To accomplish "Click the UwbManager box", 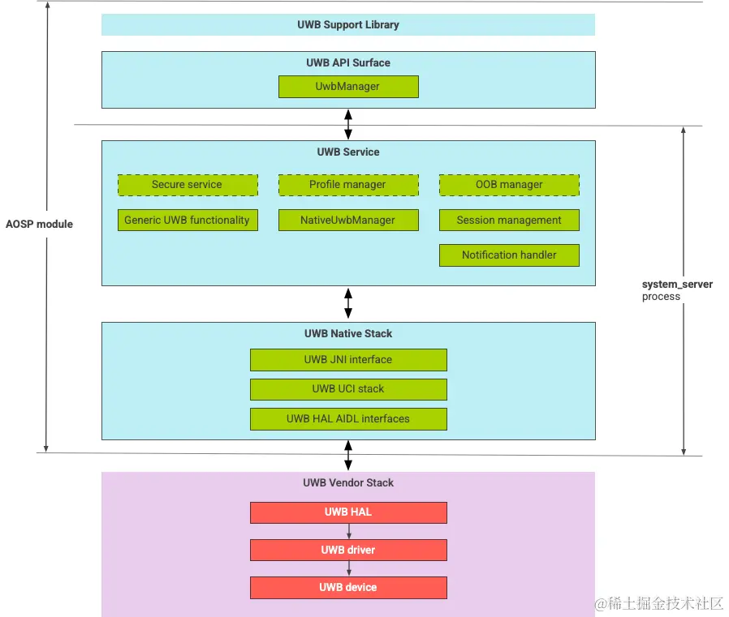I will [x=348, y=87].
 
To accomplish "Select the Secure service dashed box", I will [x=188, y=185].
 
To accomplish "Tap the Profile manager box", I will [x=348, y=185].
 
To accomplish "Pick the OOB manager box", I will [x=509, y=185].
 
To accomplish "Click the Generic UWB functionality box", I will [x=188, y=220].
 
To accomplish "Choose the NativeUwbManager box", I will [x=348, y=220].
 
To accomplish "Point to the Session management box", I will [x=509, y=220].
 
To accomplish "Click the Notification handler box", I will [x=509, y=255].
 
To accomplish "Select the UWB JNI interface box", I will [x=348, y=360].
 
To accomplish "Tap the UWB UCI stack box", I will [x=348, y=389].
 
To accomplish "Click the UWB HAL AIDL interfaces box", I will [x=348, y=419].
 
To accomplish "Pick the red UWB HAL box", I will [x=348, y=512].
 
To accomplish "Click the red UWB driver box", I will [x=348, y=550].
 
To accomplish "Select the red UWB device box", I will [x=348, y=588].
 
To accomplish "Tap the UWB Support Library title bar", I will [x=348, y=25].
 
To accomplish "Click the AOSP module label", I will [x=39, y=224].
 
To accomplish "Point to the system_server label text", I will [x=677, y=285].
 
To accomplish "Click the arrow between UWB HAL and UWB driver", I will [x=348, y=531].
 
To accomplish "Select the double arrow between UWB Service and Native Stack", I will [x=348, y=303].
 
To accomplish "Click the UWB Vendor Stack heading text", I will [x=348, y=483].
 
